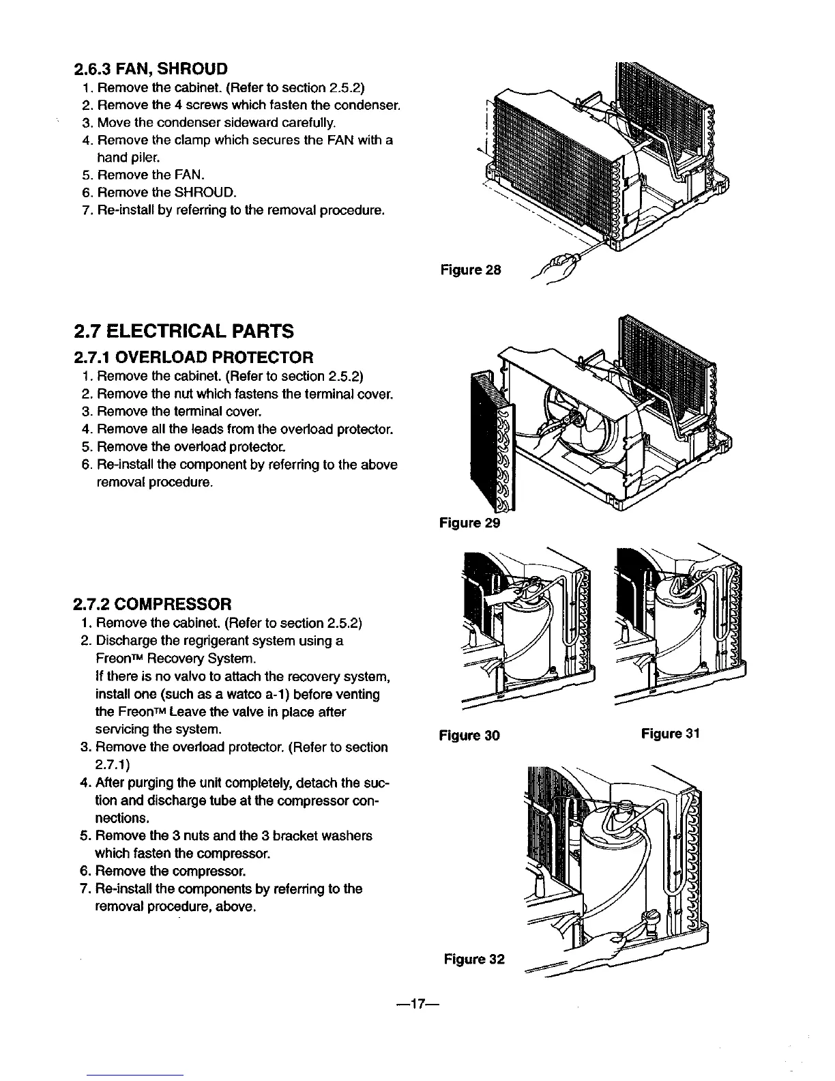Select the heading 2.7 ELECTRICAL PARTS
183,332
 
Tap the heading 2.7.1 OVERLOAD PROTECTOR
193,357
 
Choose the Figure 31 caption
671,734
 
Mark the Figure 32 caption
473,960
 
